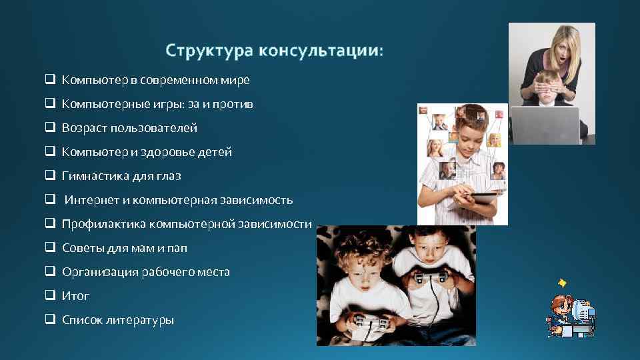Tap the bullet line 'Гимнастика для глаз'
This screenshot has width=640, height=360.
(x=121, y=176)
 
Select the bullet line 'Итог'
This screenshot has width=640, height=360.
(x=75, y=296)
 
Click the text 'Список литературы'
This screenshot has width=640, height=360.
(x=117, y=320)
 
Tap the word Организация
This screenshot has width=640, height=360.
(x=100, y=272)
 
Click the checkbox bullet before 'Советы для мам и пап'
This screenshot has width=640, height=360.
(x=50, y=247)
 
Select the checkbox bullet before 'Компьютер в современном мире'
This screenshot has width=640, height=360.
(x=50, y=79)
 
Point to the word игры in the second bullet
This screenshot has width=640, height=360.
(x=161, y=104)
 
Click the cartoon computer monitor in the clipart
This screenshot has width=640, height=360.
(x=583, y=309)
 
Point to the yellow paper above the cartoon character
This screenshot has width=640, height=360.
(x=562, y=283)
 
